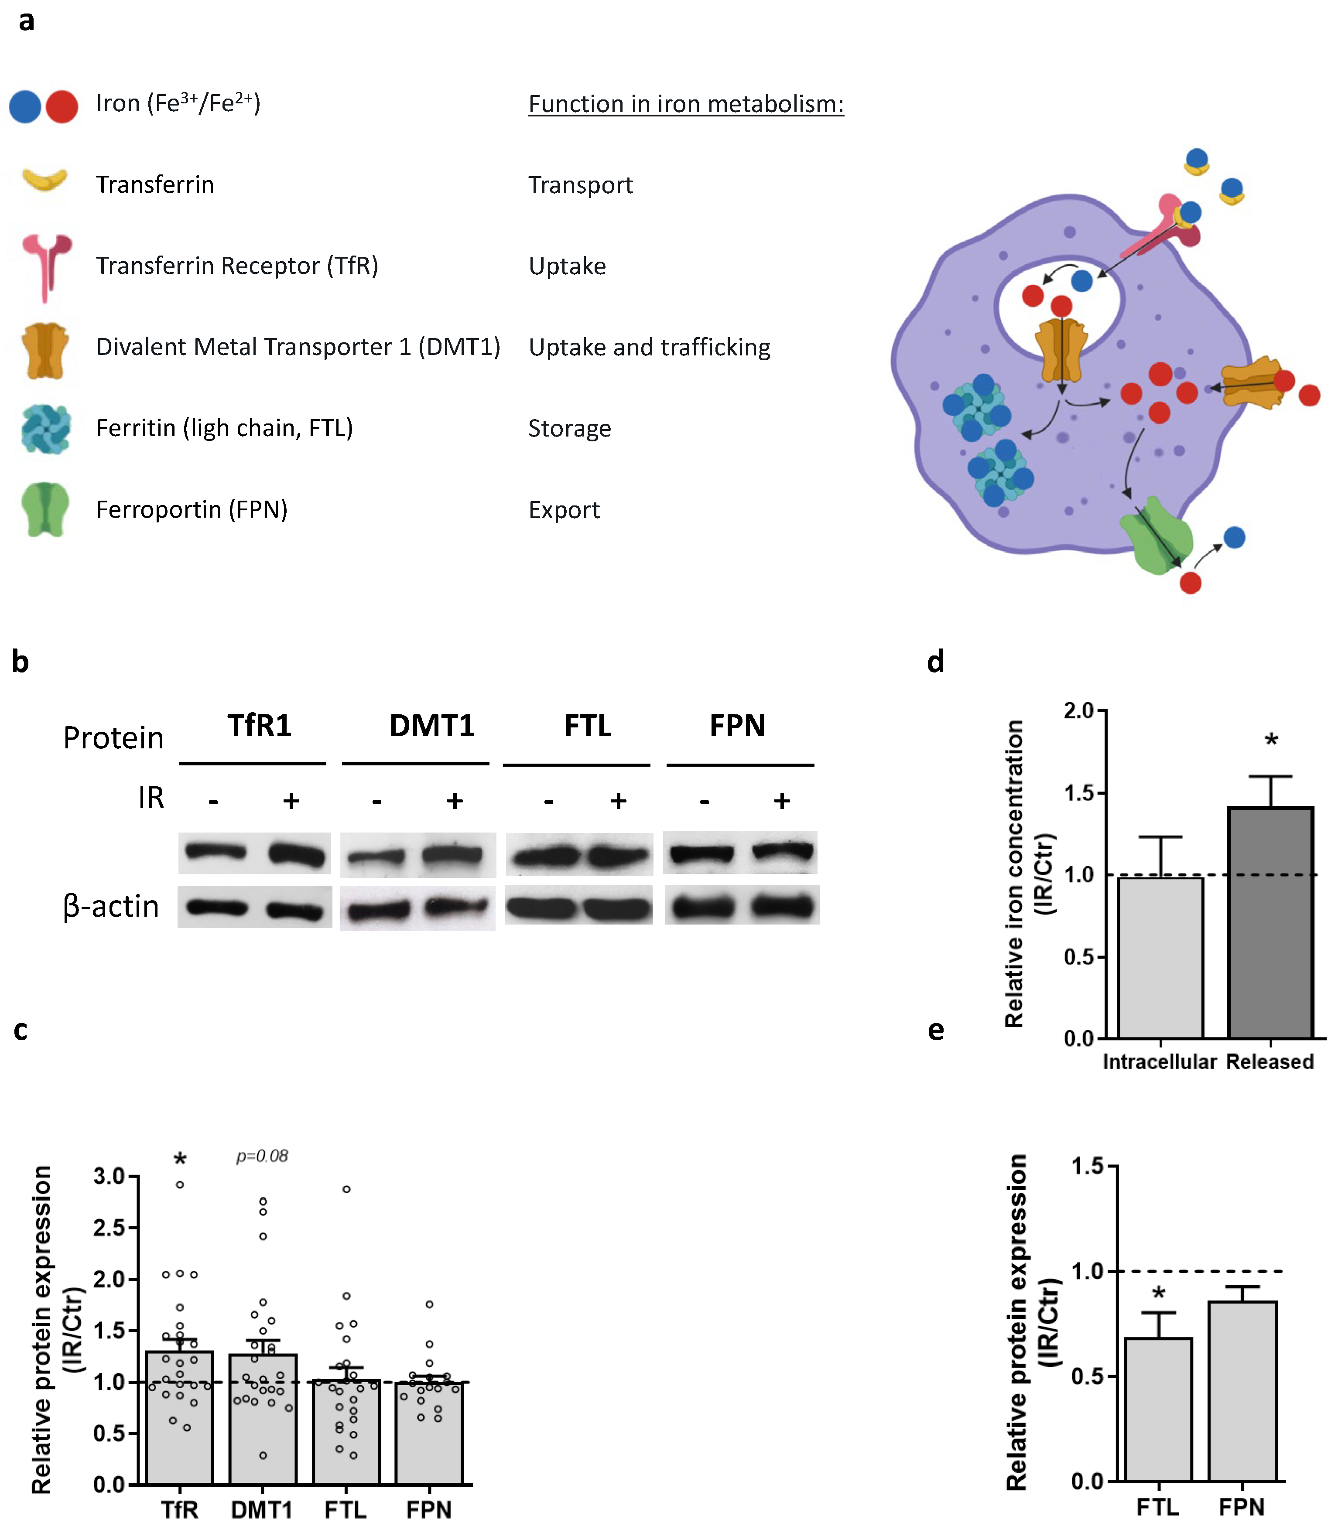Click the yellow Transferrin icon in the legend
point(44,181)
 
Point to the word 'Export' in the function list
point(564,510)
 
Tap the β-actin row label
point(111,907)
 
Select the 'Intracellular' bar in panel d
point(1160,958)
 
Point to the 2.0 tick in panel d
point(1078,711)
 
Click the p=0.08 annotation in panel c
point(261,1156)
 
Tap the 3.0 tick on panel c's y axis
point(109,1175)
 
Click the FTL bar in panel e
point(1158,1411)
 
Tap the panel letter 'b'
point(20,662)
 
